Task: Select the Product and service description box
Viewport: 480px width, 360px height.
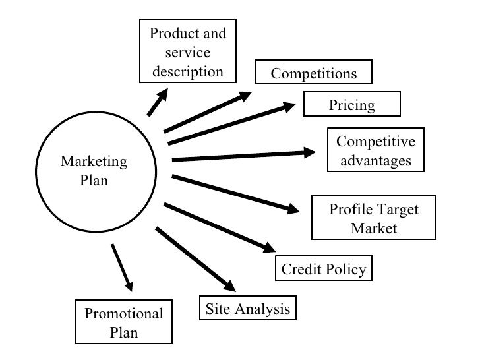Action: coord(188,52)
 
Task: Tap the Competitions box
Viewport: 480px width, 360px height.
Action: coord(314,73)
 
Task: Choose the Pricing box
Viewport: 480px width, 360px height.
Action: coord(351,104)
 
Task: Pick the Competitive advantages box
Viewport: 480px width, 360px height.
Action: coord(376,151)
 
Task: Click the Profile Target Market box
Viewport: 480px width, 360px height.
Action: coord(373,219)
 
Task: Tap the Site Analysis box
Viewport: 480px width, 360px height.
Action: coord(247,308)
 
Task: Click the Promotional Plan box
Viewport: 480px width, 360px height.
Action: coord(123,322)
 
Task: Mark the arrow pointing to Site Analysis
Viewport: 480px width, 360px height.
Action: coord(195,259)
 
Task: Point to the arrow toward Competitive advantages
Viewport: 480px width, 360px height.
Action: coord(243,156)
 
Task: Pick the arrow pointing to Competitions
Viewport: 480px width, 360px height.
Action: coord(208,112)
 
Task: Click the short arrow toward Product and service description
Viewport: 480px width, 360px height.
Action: coord(157,103)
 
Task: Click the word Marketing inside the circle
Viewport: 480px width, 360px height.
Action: coord(94,162)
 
